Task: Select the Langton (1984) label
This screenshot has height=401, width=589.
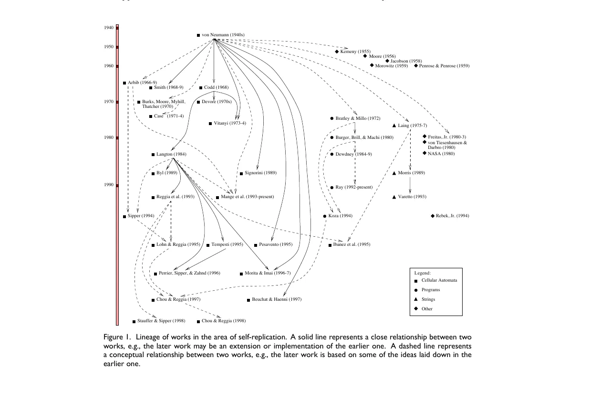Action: pos(171,154)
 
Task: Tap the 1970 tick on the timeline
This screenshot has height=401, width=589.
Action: pos(117,102)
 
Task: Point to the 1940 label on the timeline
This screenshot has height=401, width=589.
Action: pos(109,28)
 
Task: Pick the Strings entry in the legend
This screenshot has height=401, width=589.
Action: pos(428,299)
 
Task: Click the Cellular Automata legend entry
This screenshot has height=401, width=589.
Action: pos(439,280)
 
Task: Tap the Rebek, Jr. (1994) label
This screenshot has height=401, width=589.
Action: pos(452,216)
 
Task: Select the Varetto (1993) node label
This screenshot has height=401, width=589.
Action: pos(412,197)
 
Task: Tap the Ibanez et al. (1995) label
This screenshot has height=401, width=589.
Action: pos(352,244)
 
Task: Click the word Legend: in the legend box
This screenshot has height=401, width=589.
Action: pos(422,273)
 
